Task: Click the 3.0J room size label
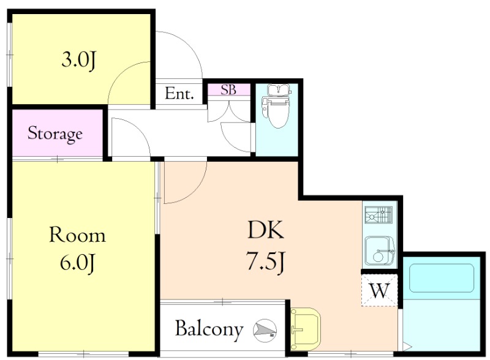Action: point(78,61)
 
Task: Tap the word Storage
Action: point(55,133)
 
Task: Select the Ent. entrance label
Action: point(179,94)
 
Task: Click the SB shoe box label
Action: point(228,90)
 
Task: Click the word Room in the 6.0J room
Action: point(78,235)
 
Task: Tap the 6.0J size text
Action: point(77,263)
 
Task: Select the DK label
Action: point(266,230)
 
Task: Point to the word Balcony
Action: point(209,329)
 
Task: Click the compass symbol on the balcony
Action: point(265,331)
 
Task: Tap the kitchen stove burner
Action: point(379,214)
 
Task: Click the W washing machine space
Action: point(379,290)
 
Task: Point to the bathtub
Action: point(442,278)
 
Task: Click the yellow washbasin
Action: point(305,328)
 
